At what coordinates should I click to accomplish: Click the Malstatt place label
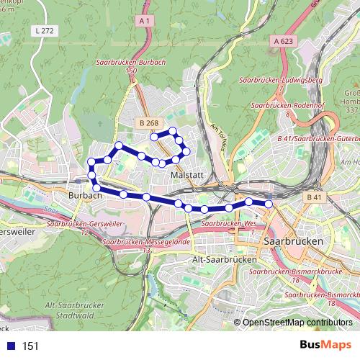click(186, 175)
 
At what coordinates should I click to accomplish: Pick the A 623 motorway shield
click(286, 42)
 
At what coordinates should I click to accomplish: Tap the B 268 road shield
click(148, 124)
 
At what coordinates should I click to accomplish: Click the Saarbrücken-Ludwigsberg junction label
click(282, 81)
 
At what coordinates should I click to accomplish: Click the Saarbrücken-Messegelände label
click(147, 243)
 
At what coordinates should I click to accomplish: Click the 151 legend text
click(30, 346)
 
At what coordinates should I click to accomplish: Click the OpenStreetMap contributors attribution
click(297, 323)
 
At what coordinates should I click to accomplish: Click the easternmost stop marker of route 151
click(269, 204)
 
